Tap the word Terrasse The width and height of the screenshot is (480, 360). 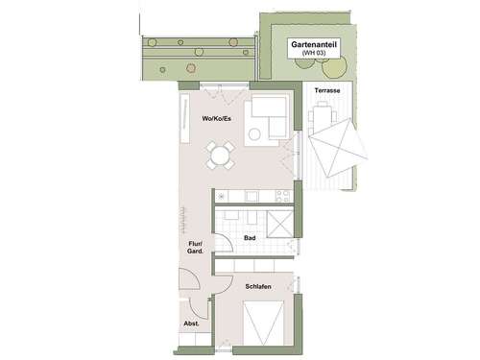tap(327, 90)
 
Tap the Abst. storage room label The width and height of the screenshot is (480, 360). tap(191, 324)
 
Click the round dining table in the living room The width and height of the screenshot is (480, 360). tap(220, 155)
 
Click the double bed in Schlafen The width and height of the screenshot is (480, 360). tap(265, 323)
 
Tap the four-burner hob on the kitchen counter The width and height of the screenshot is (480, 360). tap(283, 196)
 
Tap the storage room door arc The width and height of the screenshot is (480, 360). tap(203, 309)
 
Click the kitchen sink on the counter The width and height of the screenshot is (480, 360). tap(252, 196)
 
